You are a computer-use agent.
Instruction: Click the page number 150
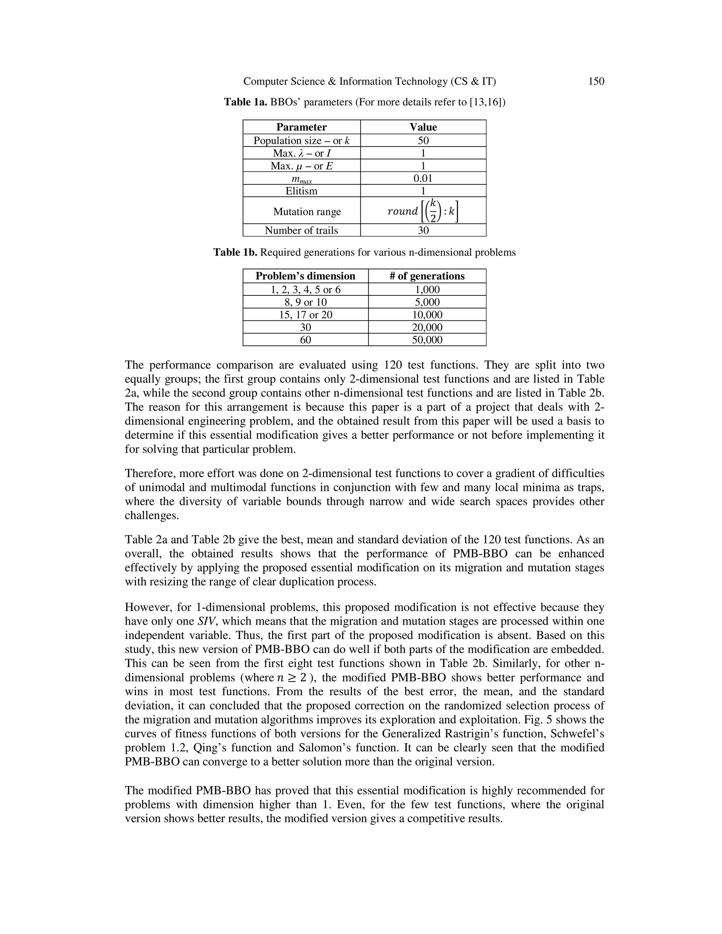596,81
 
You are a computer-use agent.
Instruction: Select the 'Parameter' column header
301,127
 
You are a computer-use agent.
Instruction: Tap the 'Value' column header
423,127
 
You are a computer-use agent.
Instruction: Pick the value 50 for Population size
423,140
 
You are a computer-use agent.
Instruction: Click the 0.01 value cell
423,178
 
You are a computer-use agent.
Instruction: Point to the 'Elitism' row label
301,191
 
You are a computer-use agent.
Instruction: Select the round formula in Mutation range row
423,210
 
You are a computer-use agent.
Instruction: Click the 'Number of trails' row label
301,230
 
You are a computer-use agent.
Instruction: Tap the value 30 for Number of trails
423,230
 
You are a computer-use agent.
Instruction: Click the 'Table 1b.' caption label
235,252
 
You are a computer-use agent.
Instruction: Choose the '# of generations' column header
427,276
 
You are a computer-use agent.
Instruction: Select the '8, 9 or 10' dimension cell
305,302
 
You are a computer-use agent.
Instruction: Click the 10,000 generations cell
427,315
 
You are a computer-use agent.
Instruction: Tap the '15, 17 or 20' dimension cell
305,315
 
